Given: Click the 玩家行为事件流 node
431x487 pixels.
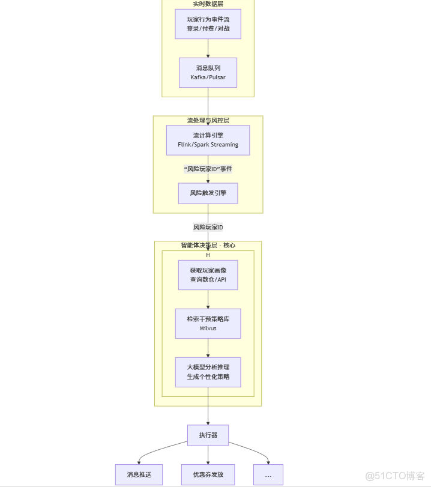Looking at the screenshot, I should (208, 24).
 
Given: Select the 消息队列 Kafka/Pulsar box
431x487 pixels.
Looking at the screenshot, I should (208, 73).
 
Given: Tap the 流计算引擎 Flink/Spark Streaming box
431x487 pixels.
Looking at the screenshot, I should (208, 140).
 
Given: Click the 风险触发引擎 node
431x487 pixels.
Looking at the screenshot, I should (208, 193).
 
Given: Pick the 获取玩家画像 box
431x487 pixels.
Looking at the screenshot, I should (208, 275).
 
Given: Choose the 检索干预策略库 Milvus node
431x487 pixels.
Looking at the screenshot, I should (208, 324).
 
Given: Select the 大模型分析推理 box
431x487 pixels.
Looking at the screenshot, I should (208, 372).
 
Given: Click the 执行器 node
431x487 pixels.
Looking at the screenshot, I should (208, 435).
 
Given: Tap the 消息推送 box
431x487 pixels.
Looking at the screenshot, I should (139, 474).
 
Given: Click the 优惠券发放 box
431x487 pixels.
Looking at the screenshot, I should (208, 474).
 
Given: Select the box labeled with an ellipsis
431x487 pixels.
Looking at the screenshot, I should (268, 474).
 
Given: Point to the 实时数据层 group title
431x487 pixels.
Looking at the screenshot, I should (208, 4).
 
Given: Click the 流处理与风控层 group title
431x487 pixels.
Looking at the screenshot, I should (208, 120).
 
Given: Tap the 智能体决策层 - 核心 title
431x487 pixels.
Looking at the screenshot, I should (208, 245).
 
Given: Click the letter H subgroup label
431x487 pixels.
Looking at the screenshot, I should (208, 255).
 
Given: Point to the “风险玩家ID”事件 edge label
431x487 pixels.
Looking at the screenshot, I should (208, 169).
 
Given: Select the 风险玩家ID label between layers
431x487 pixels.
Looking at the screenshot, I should (208, 227).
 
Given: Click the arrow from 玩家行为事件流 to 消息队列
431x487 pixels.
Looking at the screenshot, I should (208, 49).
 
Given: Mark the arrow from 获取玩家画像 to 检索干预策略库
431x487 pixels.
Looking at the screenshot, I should (208, 300).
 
